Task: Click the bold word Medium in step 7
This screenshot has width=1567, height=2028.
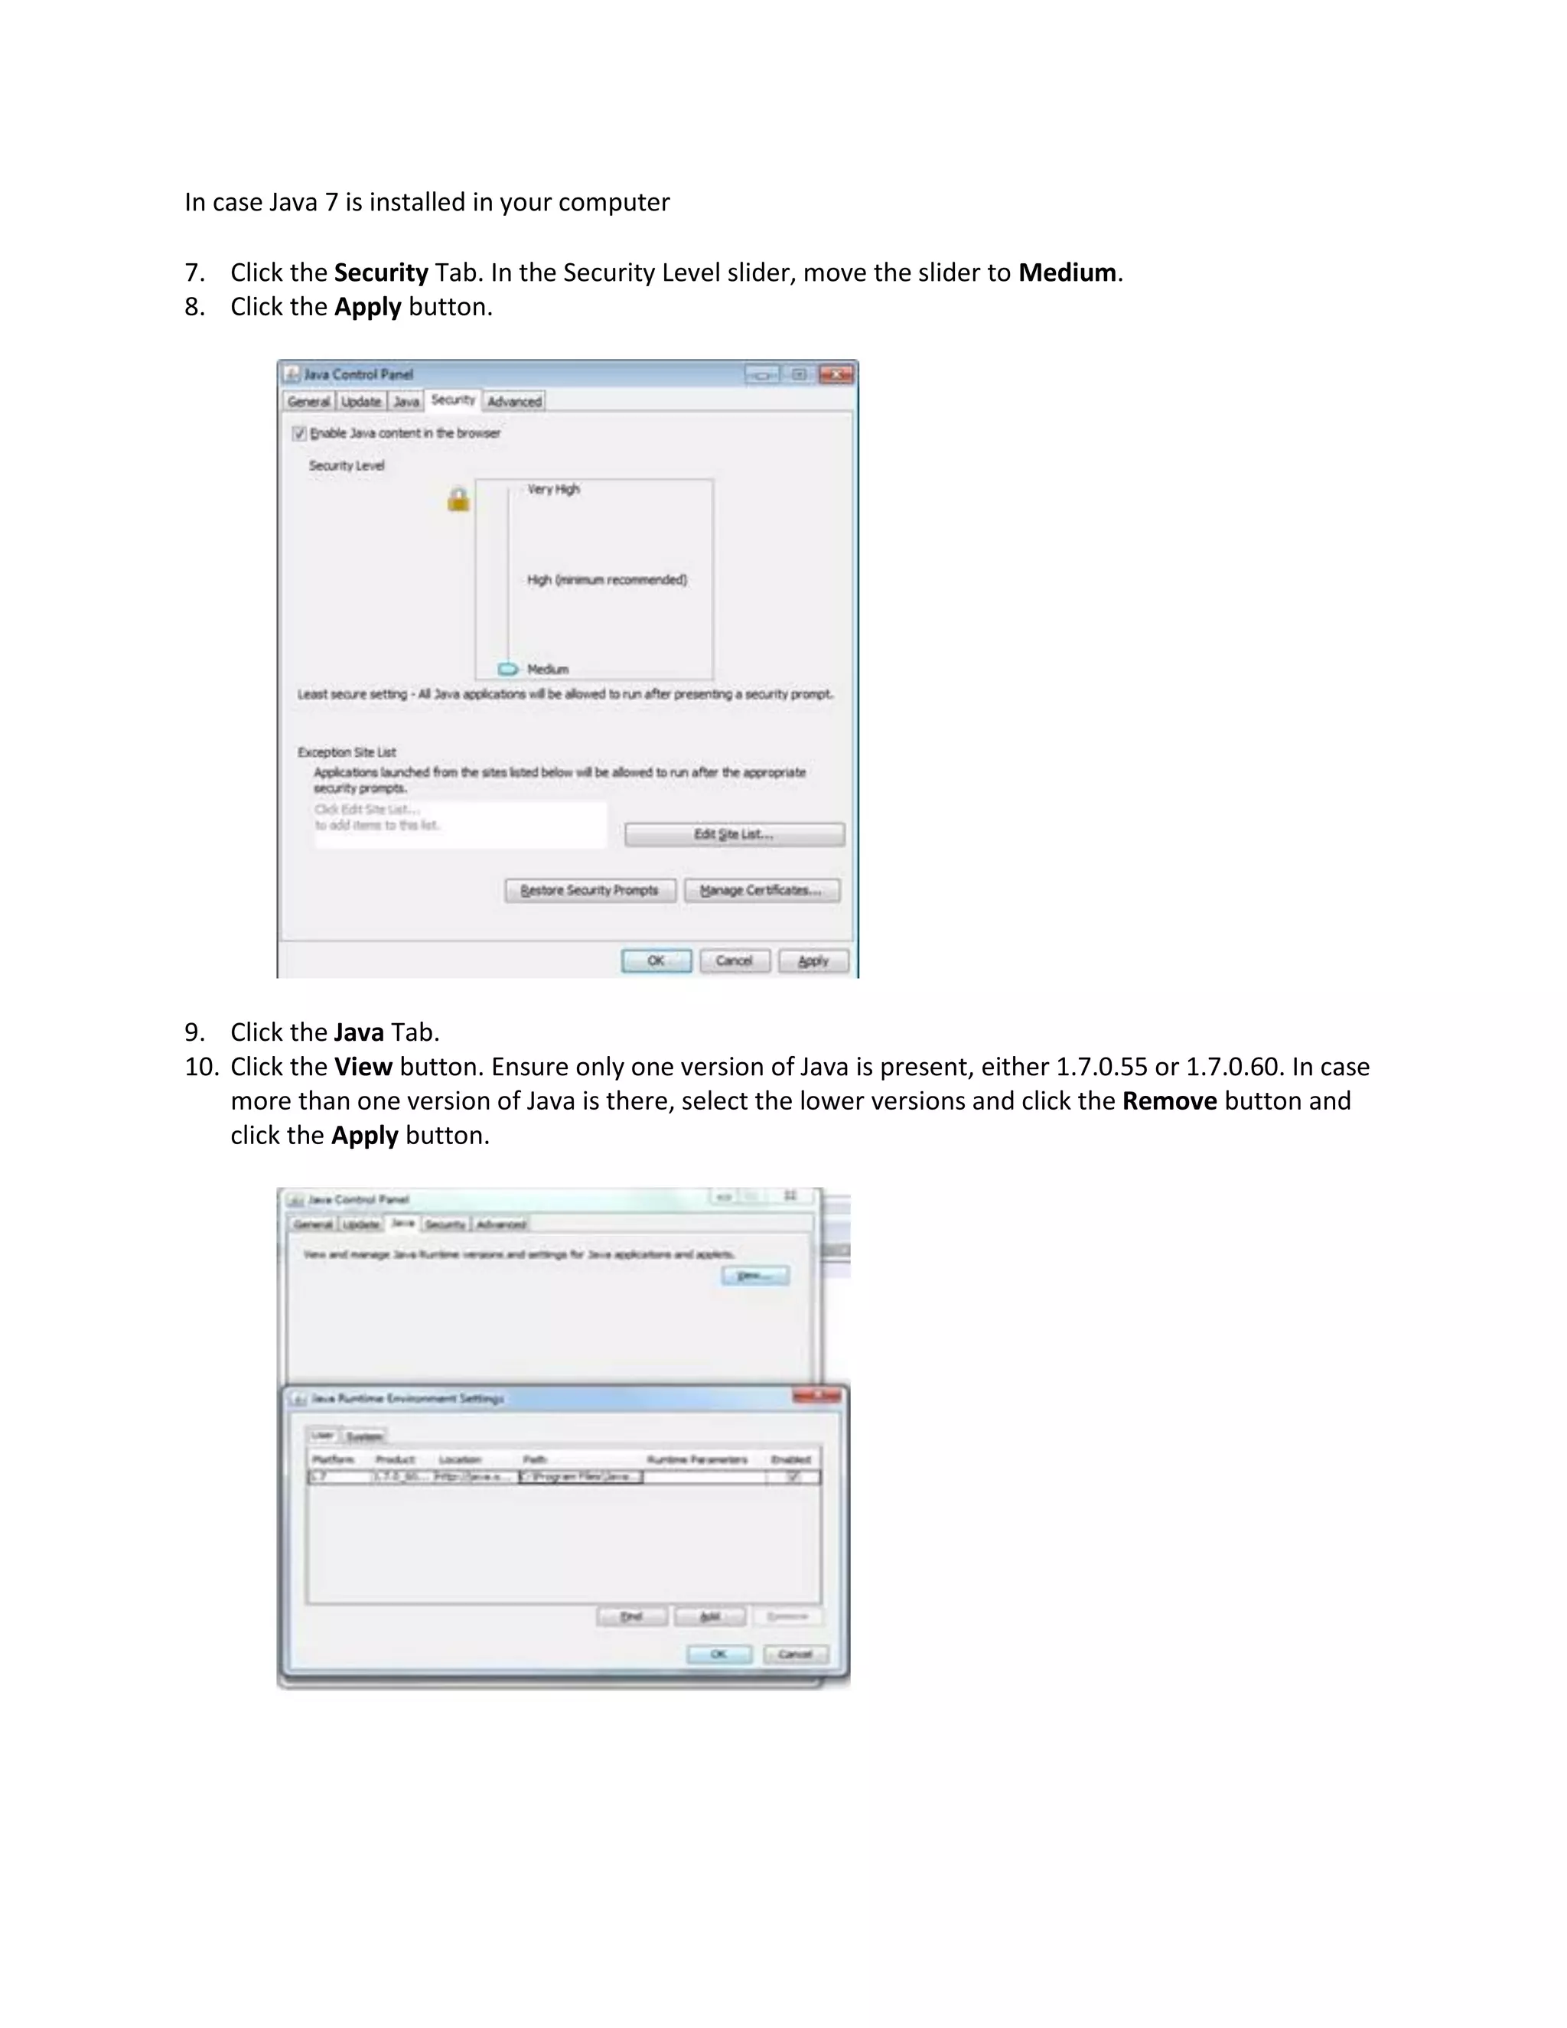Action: point(1067,273)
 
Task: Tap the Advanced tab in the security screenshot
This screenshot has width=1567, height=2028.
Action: point(514,401)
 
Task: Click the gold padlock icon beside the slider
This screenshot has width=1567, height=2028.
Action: point(458,500)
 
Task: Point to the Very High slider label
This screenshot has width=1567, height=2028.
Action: point(553,489)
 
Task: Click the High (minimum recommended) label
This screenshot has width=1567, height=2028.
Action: point(607,580)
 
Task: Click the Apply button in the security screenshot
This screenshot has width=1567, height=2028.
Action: point(813,961)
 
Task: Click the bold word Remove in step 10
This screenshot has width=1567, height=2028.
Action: point(1169,1101)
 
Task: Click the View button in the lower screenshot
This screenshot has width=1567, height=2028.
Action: point(754,1276)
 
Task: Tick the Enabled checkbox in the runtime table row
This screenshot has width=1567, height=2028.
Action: point(793,1476)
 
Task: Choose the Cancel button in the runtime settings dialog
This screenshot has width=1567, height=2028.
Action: point(796,1654)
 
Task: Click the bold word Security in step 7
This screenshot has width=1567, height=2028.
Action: point(380,273)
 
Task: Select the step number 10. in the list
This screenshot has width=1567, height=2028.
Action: point(200,1067)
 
